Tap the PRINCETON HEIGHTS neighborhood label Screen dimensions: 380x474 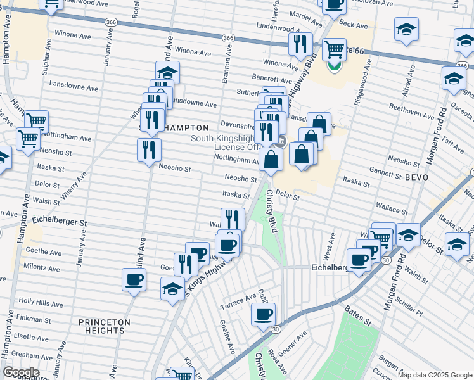pyautogui.click(x=105, y=326)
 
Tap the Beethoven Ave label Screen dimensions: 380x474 pyautogui.click(x=413, y=113)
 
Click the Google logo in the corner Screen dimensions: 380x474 pyautogui.click(x=20, y=372)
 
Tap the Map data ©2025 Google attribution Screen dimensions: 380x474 pyautogui.click(x=435, y=374)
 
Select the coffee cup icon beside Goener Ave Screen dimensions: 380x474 pyautogui.click(x=264, y=313)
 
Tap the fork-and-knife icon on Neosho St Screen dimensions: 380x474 pyautogui.click(x=149, y=149)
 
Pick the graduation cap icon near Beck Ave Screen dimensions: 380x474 pyautogui.click(x=406, y=28)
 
